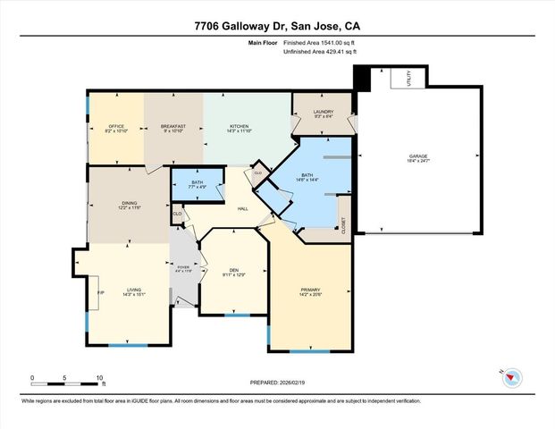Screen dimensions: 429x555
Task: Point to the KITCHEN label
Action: [x=240, y=128]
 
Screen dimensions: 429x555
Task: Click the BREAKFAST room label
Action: [x=173, y=128]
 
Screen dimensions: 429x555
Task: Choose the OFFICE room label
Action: [x=116, y=128]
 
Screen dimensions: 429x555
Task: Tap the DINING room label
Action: [x=129, y=205]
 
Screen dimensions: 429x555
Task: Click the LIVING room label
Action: [x=132, y=287]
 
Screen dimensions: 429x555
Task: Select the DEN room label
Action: [x=232, y=271]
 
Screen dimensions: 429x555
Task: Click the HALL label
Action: [x=242, y=209]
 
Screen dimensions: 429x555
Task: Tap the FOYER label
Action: [x=183, y=268]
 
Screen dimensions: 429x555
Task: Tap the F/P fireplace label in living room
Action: [x=101, y=291]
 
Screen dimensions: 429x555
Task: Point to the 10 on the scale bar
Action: [x=100, y=378]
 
